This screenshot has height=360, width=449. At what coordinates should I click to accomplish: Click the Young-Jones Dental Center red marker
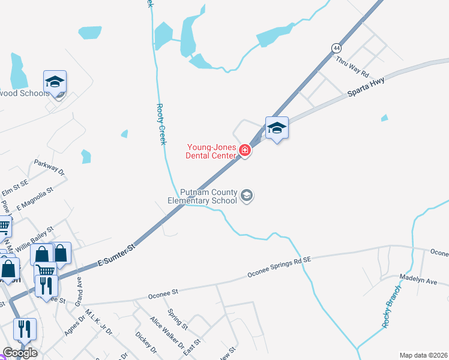tap(244, 150)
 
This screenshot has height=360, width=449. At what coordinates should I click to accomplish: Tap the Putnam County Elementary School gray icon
tap(246, 196)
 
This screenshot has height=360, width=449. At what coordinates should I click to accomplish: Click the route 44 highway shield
tap(336, 47)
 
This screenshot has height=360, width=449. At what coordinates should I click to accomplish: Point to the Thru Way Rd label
tap(351, 66)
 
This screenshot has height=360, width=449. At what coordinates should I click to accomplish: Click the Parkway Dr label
tap(49, 166)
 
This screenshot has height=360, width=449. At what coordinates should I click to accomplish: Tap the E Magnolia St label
tap(35, 199)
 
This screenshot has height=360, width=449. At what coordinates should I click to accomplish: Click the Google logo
tap(20, 353)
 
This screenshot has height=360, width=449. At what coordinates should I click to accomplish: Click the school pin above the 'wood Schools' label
tap(55, 83)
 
